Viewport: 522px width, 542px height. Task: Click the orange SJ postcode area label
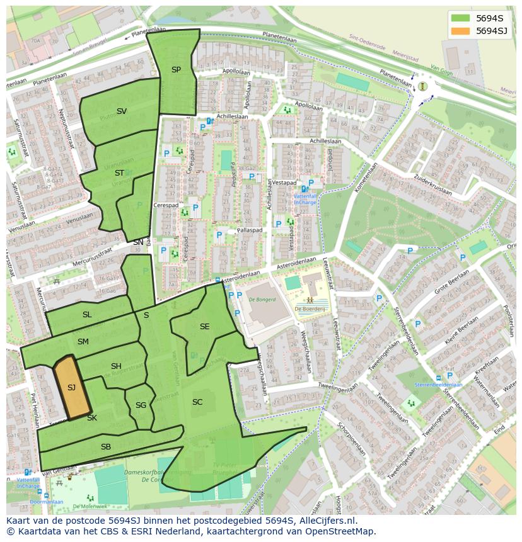(71, 388)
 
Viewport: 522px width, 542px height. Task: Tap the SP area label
(176, 70)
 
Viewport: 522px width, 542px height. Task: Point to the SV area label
(122, 111)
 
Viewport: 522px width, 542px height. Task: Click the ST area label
(119, 173)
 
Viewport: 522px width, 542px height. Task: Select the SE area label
(204, 327)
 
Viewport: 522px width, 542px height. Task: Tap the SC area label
(197, 402)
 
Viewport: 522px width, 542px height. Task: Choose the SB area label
(106, 447)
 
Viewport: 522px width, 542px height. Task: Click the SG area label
(141, 405)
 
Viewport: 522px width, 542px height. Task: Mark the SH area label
(116, 366)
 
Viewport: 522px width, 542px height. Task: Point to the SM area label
(83, 342)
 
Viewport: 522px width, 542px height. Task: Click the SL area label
(87, 315)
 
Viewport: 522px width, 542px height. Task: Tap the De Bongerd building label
(263, 300)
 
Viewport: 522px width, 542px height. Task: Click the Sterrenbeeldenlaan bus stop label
(438, 385)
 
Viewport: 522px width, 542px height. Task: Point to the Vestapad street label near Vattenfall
(284, 183)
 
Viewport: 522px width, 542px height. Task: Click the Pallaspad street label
(249, 230)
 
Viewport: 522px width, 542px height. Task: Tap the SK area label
(92, 418)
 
